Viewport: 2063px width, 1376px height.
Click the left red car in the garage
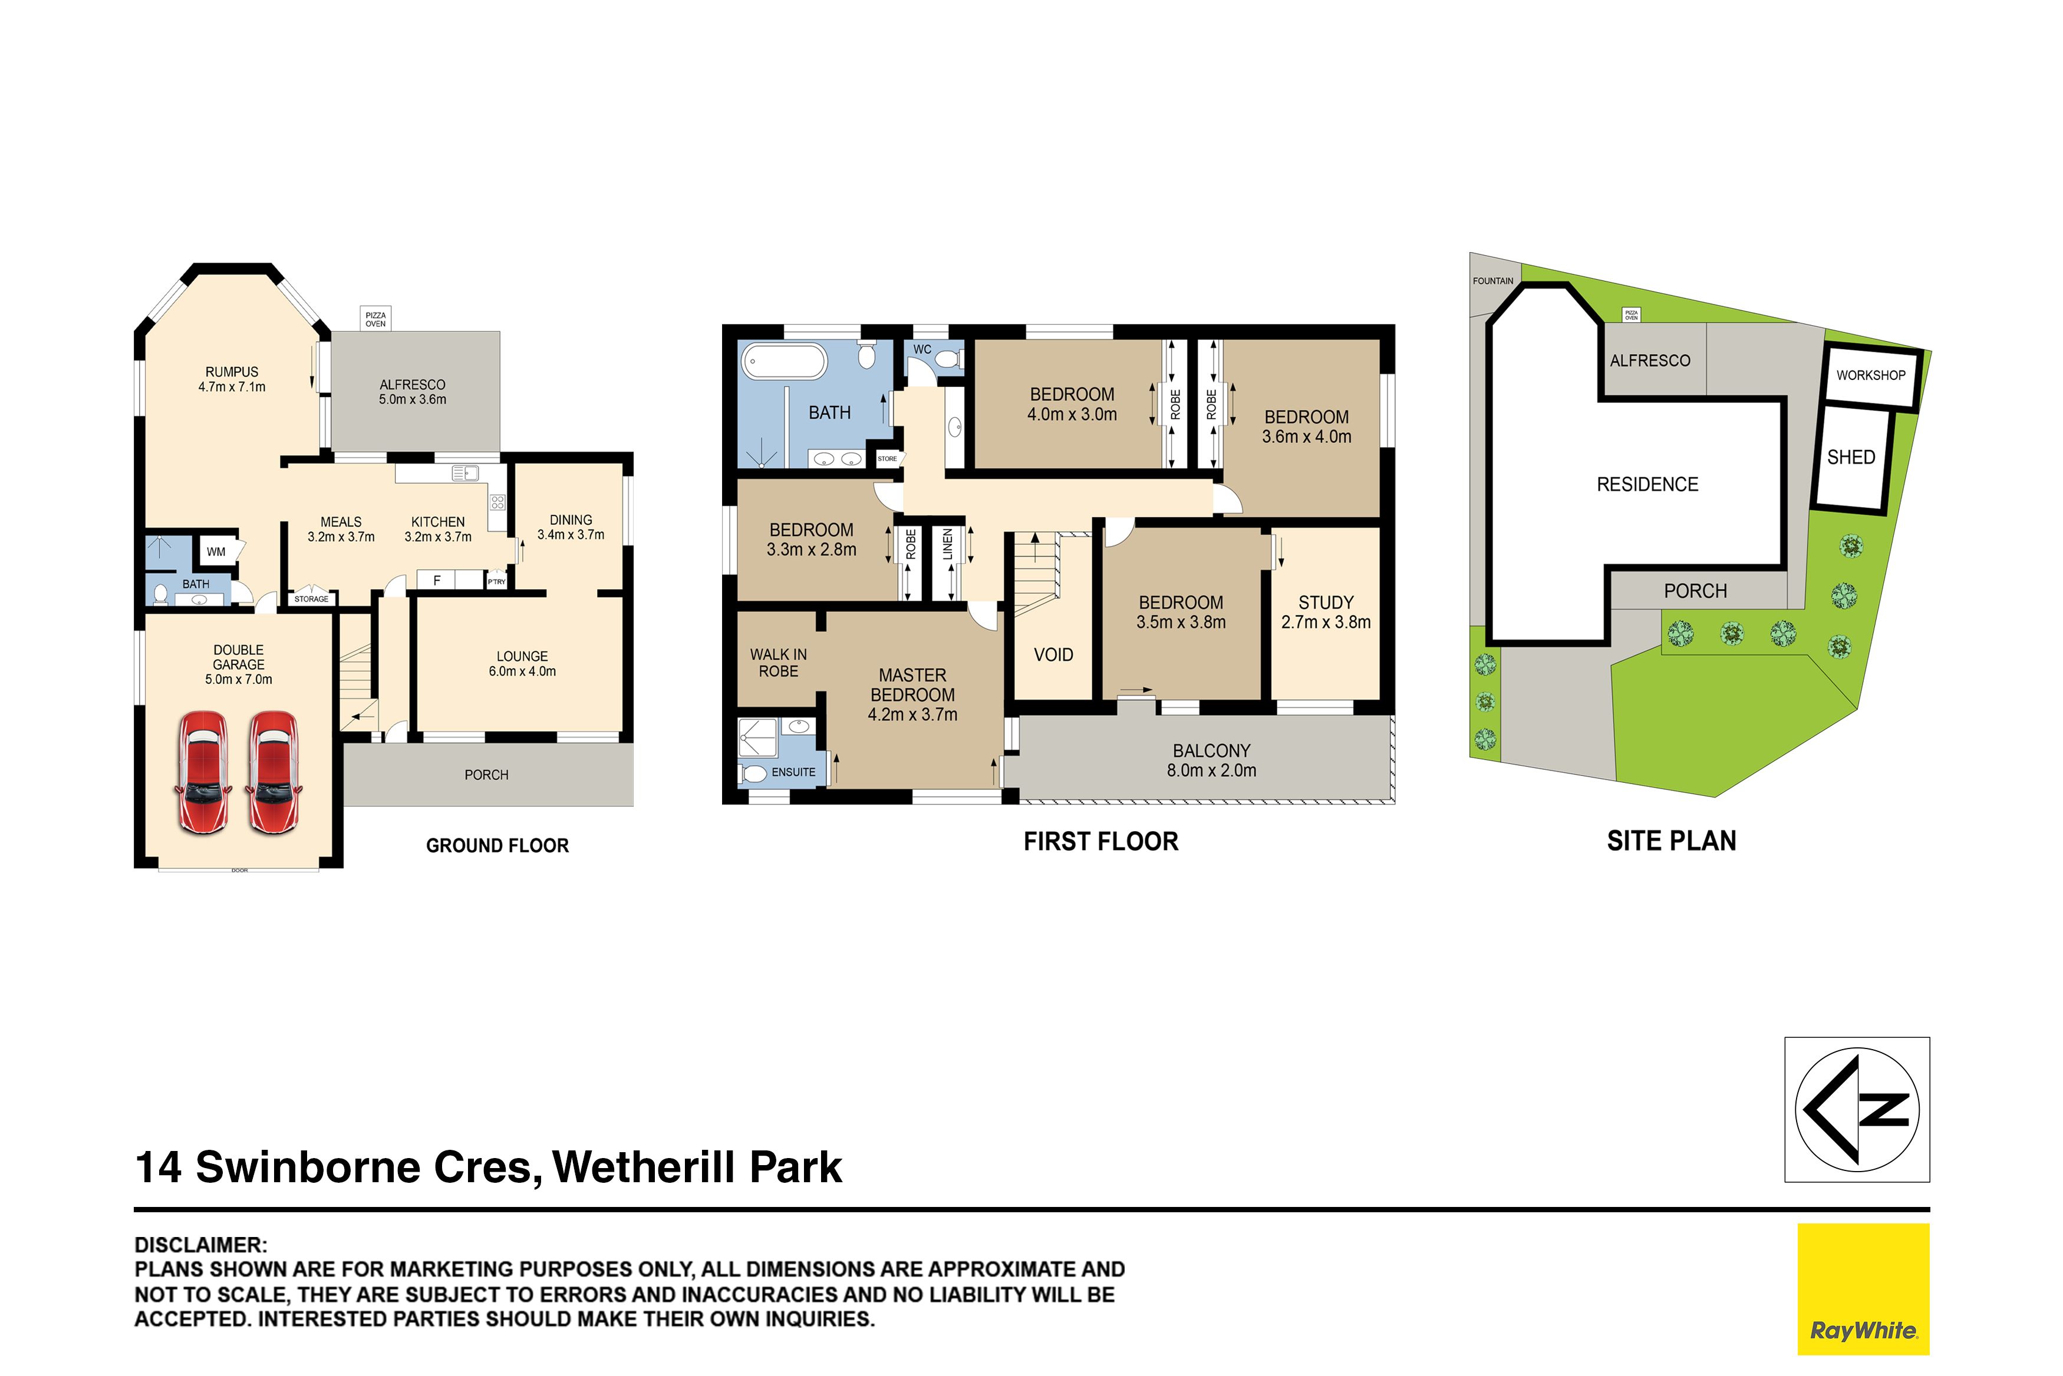tap(204, 772)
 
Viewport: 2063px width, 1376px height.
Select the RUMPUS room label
tap(232, 372)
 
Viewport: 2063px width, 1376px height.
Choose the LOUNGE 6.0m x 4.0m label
tap(522, 663)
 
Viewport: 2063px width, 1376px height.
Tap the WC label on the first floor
tap(922, 349)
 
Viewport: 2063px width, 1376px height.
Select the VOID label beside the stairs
tap(1053, 654)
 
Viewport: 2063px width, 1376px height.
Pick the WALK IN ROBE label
tap(779, 663)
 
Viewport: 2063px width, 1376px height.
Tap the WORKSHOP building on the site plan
tap(1871, 376)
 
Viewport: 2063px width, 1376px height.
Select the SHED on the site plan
tap(1851, 458)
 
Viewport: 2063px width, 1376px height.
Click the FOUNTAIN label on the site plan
tap(1493, 281)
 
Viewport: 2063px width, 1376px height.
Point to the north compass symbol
tap(1857, 1109)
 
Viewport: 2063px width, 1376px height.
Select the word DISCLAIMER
tap(200, 1245)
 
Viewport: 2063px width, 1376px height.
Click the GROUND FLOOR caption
tap(497, 845)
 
